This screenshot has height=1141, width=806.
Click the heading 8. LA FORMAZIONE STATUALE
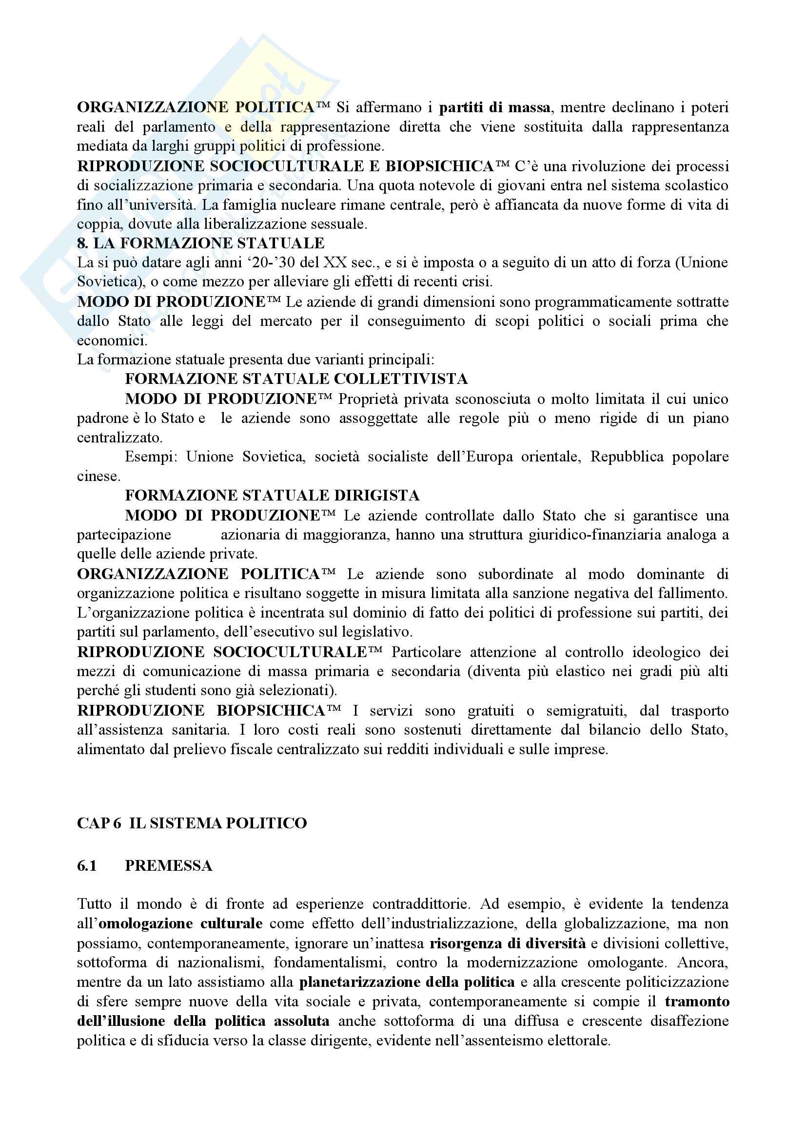(x=200, y=243)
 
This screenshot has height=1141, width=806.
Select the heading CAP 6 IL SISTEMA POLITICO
(x=192, y=824)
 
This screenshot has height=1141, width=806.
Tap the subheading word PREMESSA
(x=168, y=866)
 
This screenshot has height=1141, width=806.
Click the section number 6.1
(x=87, y=866)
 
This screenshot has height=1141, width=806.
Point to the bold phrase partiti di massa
(x=494, y=107)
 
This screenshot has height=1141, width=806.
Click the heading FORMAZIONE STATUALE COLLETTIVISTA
(x=296, y=379)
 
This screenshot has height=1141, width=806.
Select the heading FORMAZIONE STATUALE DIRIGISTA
(x=272, y=496)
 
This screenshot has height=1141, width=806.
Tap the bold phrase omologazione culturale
(x=181, y=924)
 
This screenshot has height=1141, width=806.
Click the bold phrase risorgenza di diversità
(x=508, y=943)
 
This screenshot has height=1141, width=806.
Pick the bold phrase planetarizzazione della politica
(x=407, y=982)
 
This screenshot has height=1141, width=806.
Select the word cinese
(x=98, y=476)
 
